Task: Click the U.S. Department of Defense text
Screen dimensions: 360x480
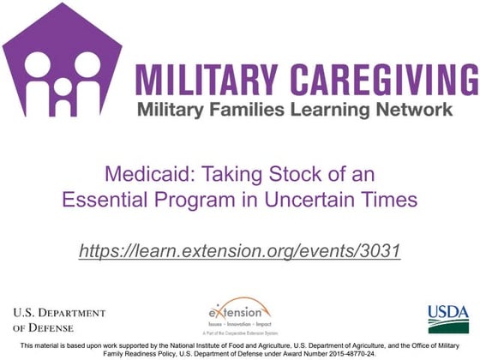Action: tap(58, 319)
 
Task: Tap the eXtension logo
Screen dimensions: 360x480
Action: tap(237, 310)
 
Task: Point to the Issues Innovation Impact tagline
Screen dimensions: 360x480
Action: tap(238, 327)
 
